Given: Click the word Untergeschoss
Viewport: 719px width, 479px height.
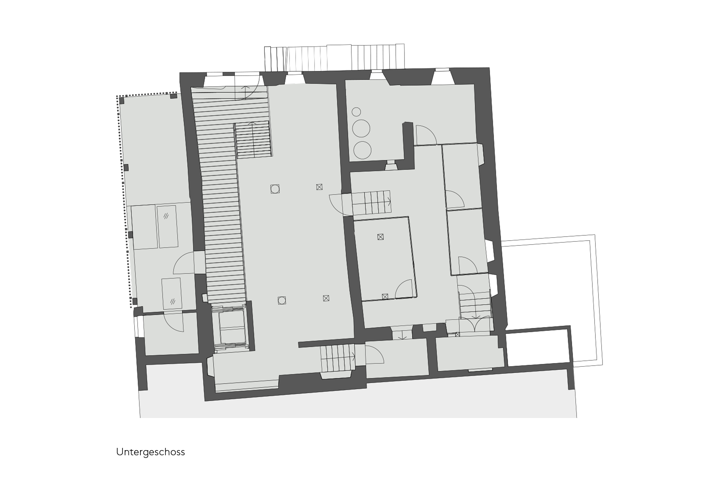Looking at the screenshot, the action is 151,452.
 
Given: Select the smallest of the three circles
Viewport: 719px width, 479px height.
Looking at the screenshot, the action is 356,112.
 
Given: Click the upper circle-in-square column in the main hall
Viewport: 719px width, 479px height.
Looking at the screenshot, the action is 275,189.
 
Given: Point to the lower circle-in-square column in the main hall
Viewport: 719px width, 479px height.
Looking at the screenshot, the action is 282,300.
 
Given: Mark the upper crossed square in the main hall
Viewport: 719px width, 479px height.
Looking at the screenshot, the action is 319,187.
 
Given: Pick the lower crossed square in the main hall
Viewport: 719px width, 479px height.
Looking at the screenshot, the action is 326,298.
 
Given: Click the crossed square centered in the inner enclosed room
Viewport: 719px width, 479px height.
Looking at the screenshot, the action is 380,237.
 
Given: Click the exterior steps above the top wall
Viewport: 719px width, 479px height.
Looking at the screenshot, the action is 334,58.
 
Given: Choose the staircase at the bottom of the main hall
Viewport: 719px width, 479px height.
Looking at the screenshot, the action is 338,358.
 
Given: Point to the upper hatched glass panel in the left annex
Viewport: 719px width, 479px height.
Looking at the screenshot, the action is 167,226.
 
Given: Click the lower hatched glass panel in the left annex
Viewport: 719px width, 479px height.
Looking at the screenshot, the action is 172,293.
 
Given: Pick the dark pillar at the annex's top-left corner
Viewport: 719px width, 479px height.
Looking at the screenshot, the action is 122,100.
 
